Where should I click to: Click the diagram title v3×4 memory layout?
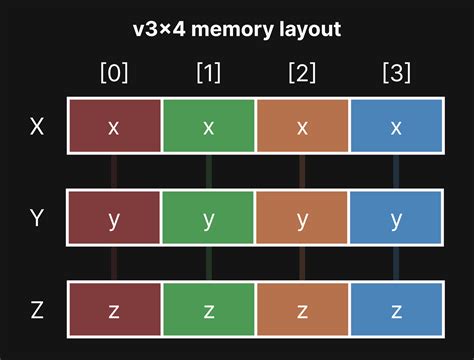237,29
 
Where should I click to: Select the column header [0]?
114,73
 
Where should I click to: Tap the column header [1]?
208,73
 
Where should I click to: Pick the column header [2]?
303,73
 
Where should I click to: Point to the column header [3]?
397,73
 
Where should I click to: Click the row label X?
37,126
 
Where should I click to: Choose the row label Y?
37,218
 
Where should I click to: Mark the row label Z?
37,310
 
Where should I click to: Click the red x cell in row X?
114,126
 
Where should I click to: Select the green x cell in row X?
208,126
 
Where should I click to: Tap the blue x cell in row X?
397,126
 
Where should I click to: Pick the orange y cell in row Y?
303,218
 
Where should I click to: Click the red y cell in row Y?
114,218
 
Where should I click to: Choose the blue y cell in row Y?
397,218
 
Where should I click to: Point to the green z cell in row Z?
208,310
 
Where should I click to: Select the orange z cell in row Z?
303,310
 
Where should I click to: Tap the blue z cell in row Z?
397,310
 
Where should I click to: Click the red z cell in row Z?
114,310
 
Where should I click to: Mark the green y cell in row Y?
208,218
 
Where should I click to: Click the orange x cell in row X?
303,126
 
